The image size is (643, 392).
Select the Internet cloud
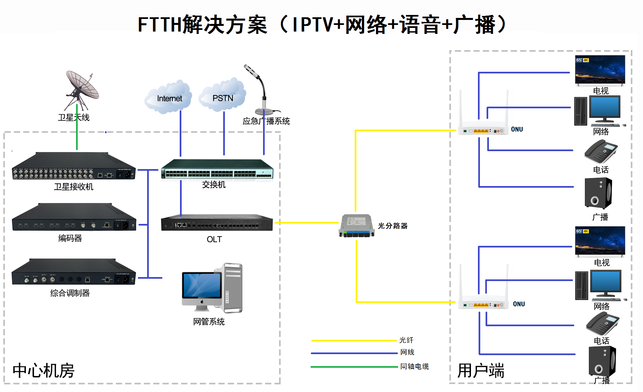click(168, 97)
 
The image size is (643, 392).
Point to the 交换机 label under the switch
click(214, 185)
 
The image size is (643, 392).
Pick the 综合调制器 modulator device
click(74, 272)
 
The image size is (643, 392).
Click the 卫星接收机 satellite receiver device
click(74, 166)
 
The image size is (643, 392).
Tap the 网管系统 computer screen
click(202, 285)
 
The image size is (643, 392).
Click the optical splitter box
click(357, 226)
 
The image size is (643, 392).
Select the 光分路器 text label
click(393, 226)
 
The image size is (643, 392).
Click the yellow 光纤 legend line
click(354, 341)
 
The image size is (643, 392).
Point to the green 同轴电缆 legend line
click(354, 367)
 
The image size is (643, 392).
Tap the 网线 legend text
click(407, 352)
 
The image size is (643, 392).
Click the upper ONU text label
click(517, 129)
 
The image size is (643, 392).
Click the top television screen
click(600, 69)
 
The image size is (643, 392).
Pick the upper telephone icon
click(601, 151)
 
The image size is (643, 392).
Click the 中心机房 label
click(44, 371)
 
